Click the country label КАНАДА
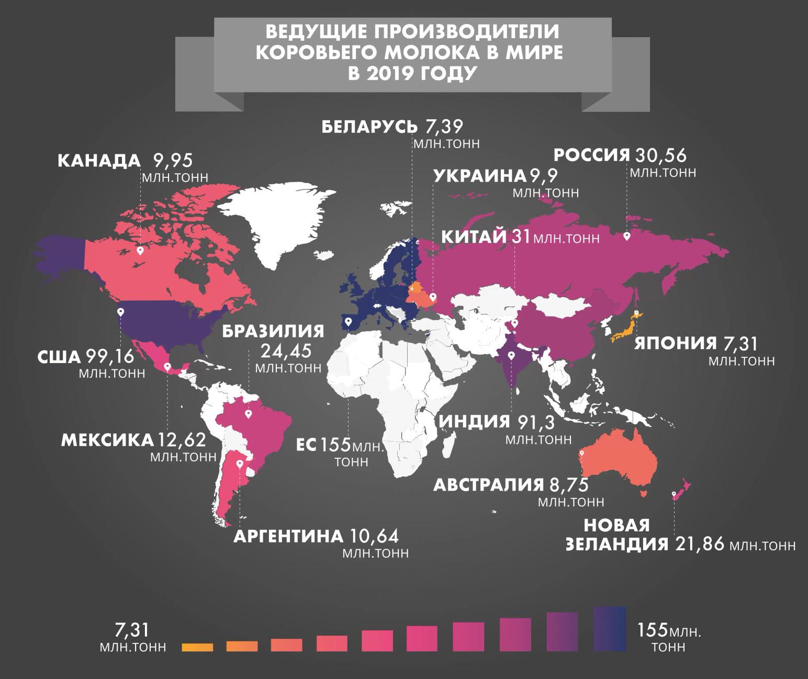99,161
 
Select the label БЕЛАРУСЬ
369,127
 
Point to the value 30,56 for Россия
660,156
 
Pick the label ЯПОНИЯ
675,344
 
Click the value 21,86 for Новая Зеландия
700,544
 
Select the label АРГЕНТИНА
288,537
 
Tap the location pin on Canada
140,251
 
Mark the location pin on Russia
626,236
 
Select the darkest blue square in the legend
610,629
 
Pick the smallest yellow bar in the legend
197,647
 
